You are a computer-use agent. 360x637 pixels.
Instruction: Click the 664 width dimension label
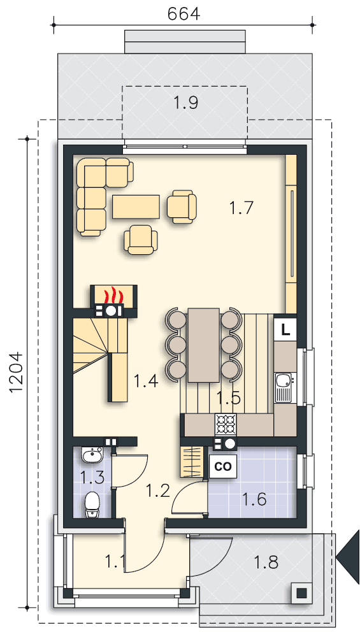[184, 13]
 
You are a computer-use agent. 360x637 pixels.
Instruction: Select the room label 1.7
[241, 208]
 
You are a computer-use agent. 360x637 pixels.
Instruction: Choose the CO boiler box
[222, 466]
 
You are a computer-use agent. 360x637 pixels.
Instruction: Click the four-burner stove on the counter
[225, 424]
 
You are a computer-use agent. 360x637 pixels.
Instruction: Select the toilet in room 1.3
[92, 505]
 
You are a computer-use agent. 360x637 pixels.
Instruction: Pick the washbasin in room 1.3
[92, 455]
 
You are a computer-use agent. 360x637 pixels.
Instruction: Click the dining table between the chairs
[203, 345]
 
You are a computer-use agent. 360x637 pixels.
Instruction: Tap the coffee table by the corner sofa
[136, 207]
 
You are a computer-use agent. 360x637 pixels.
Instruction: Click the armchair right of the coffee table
[182, 206]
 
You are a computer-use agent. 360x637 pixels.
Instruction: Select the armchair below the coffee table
[140, 240]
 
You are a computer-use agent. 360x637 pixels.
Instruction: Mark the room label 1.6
[254, 499]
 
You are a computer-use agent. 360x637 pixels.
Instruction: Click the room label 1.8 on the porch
[266, 562]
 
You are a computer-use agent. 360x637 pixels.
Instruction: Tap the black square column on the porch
[301, 592]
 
